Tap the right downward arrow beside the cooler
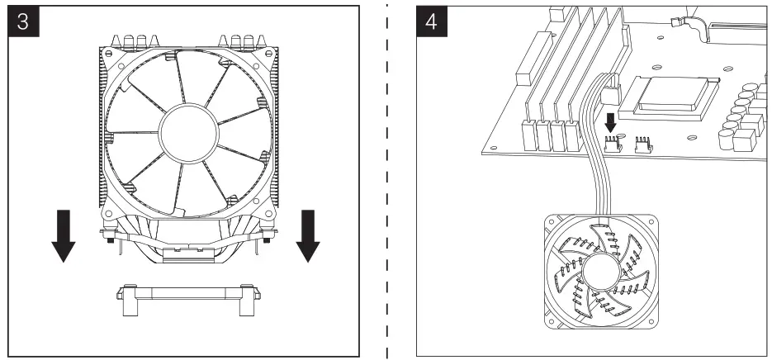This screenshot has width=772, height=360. (x=306, y=234)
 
